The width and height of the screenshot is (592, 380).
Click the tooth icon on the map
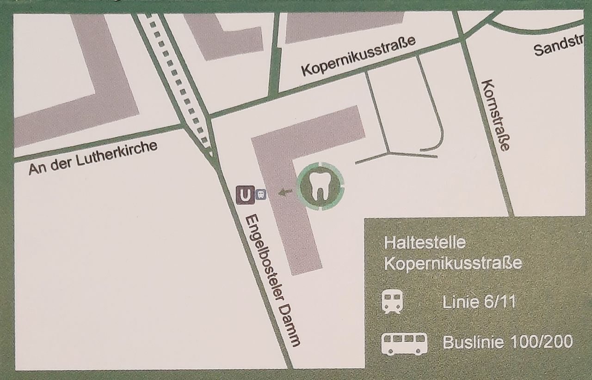(320, 186)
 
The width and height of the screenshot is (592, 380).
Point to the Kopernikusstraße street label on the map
(358, 56)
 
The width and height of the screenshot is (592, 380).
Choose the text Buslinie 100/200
(507, 342)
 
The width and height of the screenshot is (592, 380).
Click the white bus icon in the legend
(404, 343)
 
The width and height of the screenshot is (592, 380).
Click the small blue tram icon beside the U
(260, 194)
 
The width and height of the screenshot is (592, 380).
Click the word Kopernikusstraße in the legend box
(453, 263)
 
